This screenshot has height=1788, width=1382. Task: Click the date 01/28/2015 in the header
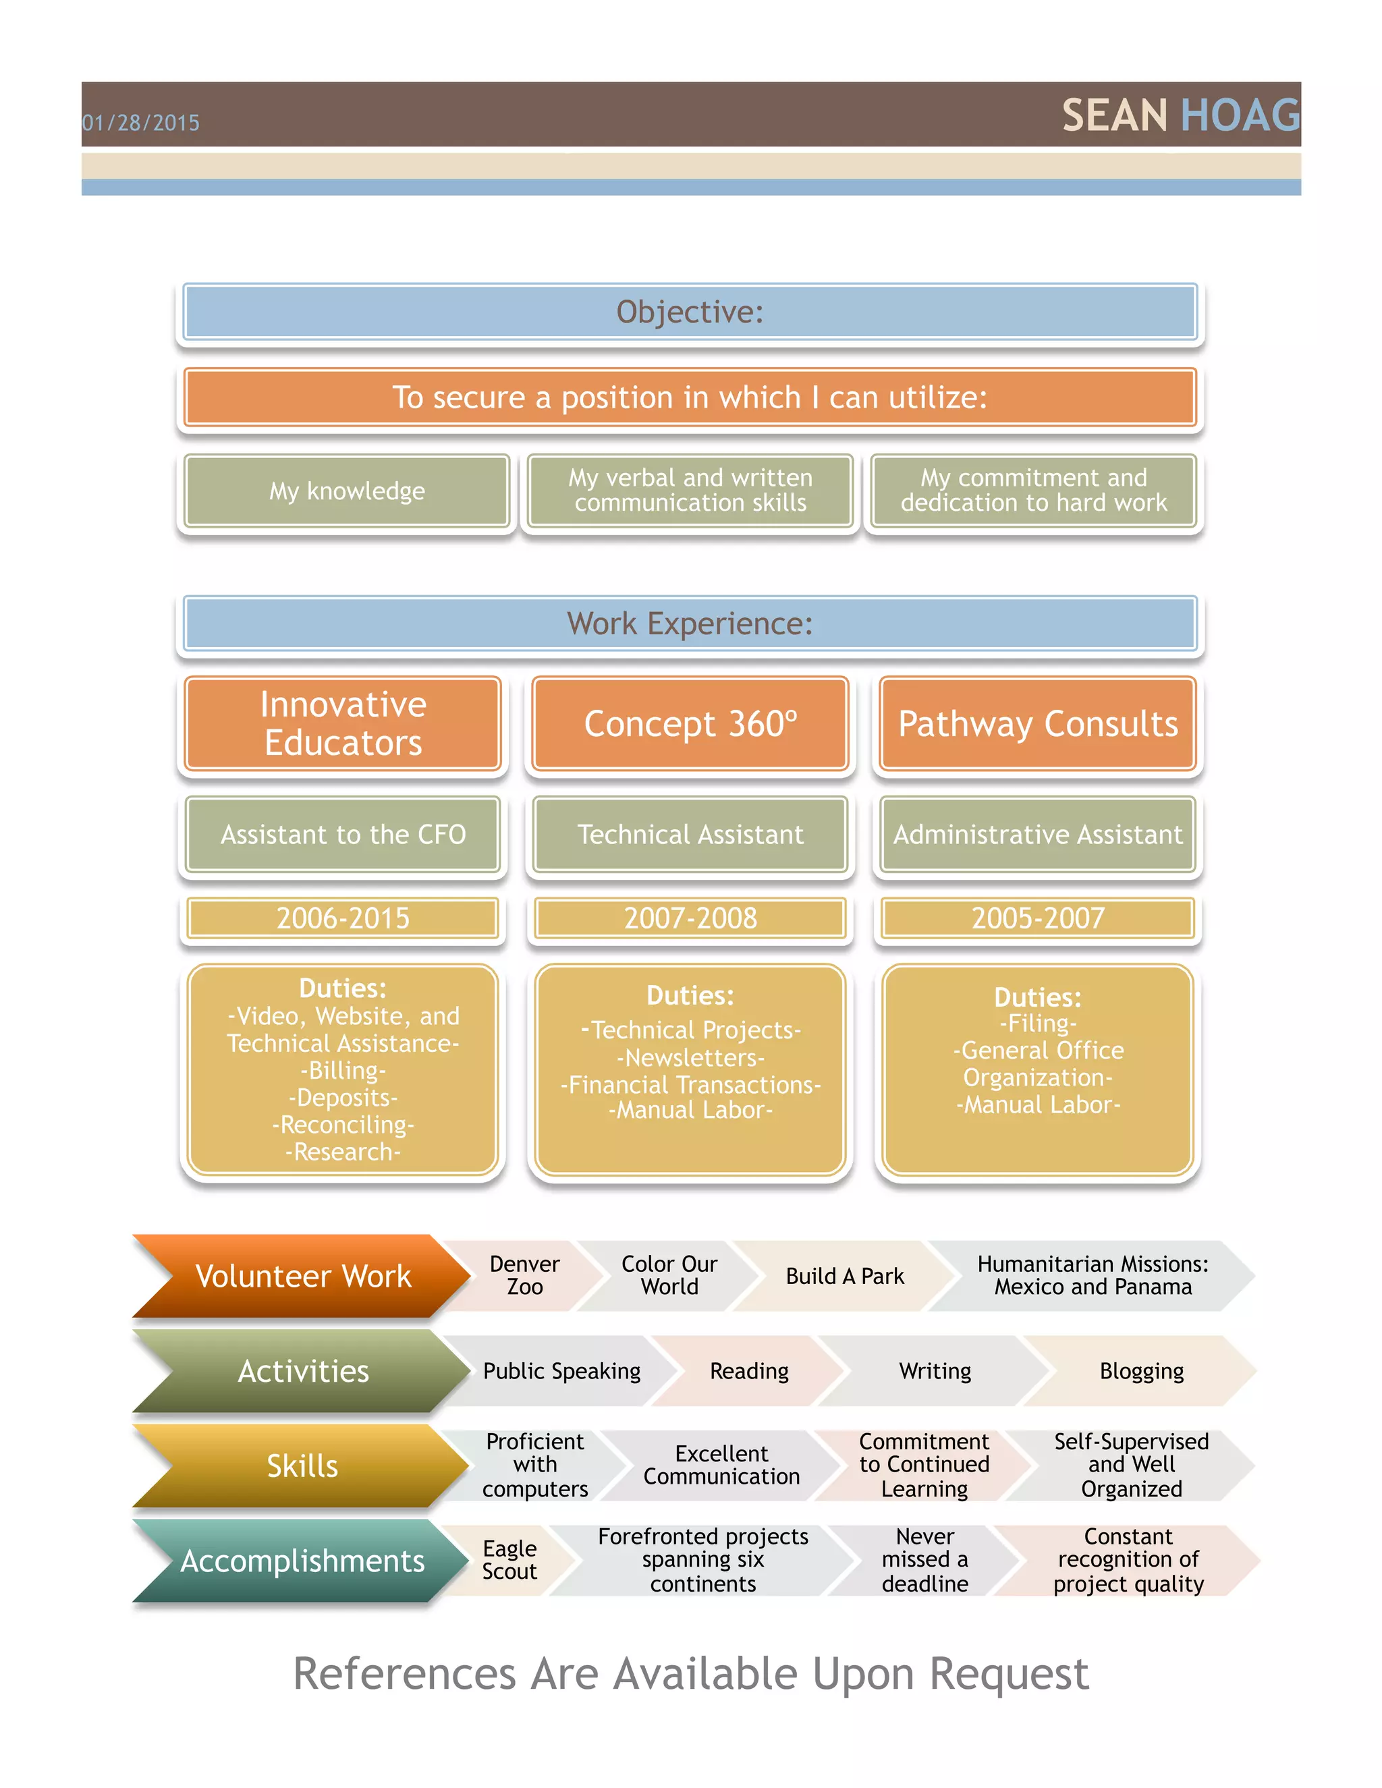click(x=141, y=123)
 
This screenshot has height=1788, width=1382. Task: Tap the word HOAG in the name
click(x=1240, y=115)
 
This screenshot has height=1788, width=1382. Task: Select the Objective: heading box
click(x=690, y=312)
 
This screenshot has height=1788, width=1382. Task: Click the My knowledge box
click(x=347, y=491)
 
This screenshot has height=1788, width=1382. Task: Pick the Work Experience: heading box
click(x=690, y=624)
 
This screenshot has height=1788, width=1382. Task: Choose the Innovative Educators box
click(x=343, y=724)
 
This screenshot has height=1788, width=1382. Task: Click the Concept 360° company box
click(x=690, y=724)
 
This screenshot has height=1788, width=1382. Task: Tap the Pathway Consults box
click(x=1037, y=724)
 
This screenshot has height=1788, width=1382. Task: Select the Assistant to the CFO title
click(x=343, y=834)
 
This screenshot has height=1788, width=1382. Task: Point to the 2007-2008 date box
click(x=690, y=918)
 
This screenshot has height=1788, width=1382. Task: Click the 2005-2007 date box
click(x=1037, y=918)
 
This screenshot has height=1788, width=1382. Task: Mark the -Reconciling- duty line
click(x=343, y=1125)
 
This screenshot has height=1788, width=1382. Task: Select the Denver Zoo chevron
click(x=525, y=1275)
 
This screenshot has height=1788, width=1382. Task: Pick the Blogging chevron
click(x=1141, y=1371)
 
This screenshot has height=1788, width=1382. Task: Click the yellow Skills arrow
click(x=302, y=1466)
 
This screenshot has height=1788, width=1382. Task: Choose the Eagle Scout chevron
click(x=509, y=1561)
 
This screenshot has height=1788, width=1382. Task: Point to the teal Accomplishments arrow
click(x=302, y=1561)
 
